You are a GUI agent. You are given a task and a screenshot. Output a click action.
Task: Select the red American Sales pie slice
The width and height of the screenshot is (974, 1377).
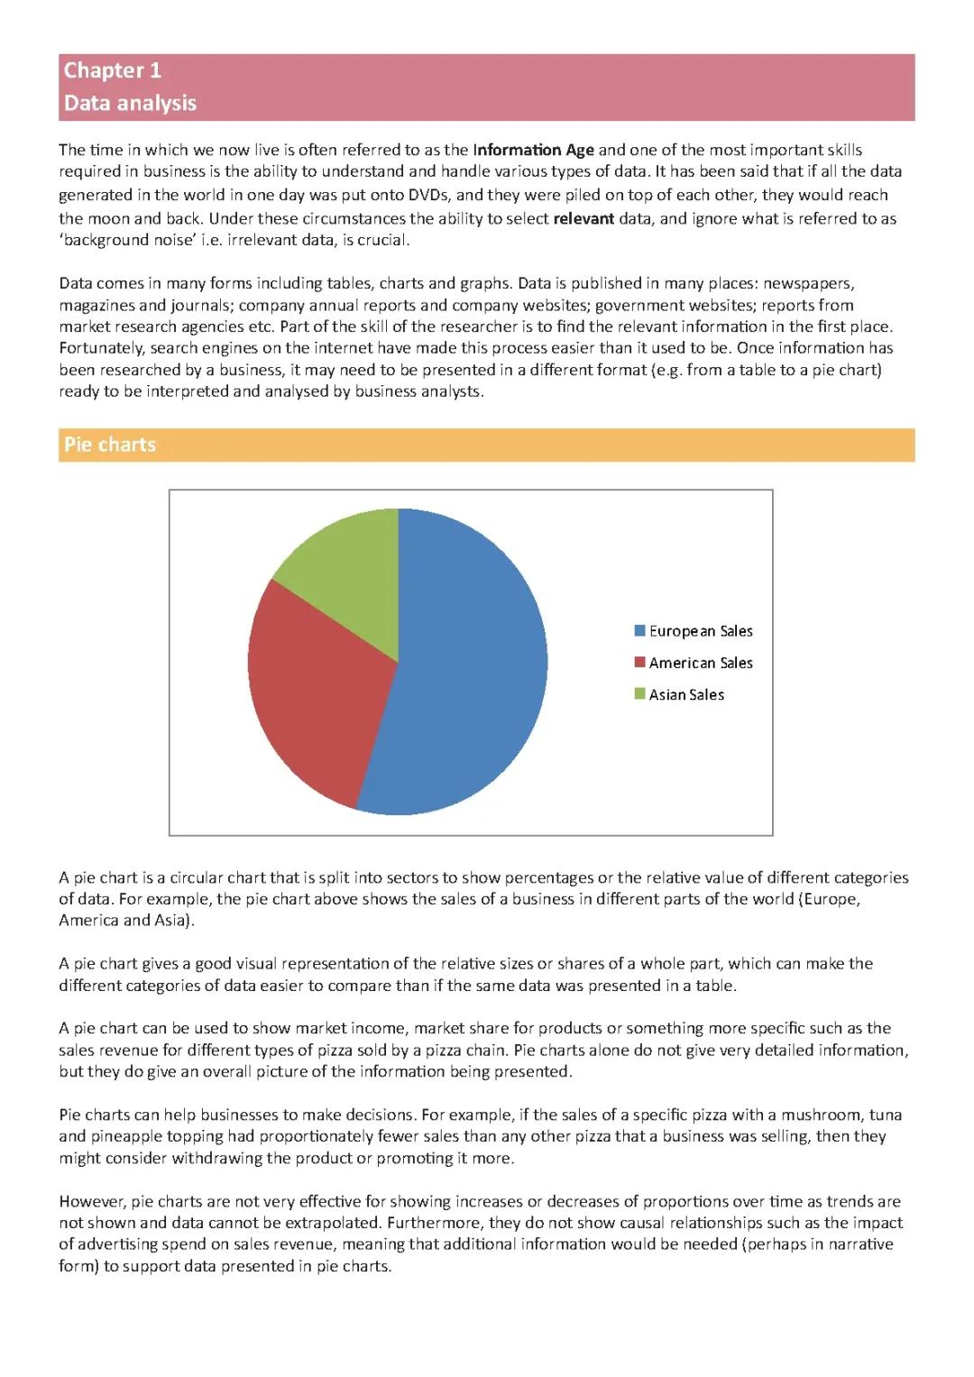click(x=316, y=694)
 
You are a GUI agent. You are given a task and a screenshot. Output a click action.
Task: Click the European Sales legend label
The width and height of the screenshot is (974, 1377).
click(x=701, y=631)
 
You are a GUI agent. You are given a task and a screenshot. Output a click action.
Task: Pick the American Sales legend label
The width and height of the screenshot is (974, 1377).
click(x=701, y=663)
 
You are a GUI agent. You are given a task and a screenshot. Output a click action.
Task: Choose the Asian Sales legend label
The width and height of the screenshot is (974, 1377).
click(x=686, y=694)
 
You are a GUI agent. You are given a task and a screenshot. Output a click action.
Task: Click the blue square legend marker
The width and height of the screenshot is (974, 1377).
click(x=640, y=630)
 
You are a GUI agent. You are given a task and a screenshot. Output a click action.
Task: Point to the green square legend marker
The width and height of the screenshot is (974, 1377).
click(x=640, y=693)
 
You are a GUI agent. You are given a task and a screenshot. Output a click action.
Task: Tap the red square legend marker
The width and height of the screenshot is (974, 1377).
click(x=640, y=662)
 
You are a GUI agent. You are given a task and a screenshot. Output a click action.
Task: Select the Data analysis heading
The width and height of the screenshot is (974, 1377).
click(x=130, y=103)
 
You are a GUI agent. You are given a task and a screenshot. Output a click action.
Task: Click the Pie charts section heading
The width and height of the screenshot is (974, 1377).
click(x=109, y=445)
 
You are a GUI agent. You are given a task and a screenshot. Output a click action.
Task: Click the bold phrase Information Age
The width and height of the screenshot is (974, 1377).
click(x=533, y=150)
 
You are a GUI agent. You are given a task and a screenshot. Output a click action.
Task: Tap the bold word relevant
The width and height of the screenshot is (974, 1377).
click(x=583, y=218)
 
